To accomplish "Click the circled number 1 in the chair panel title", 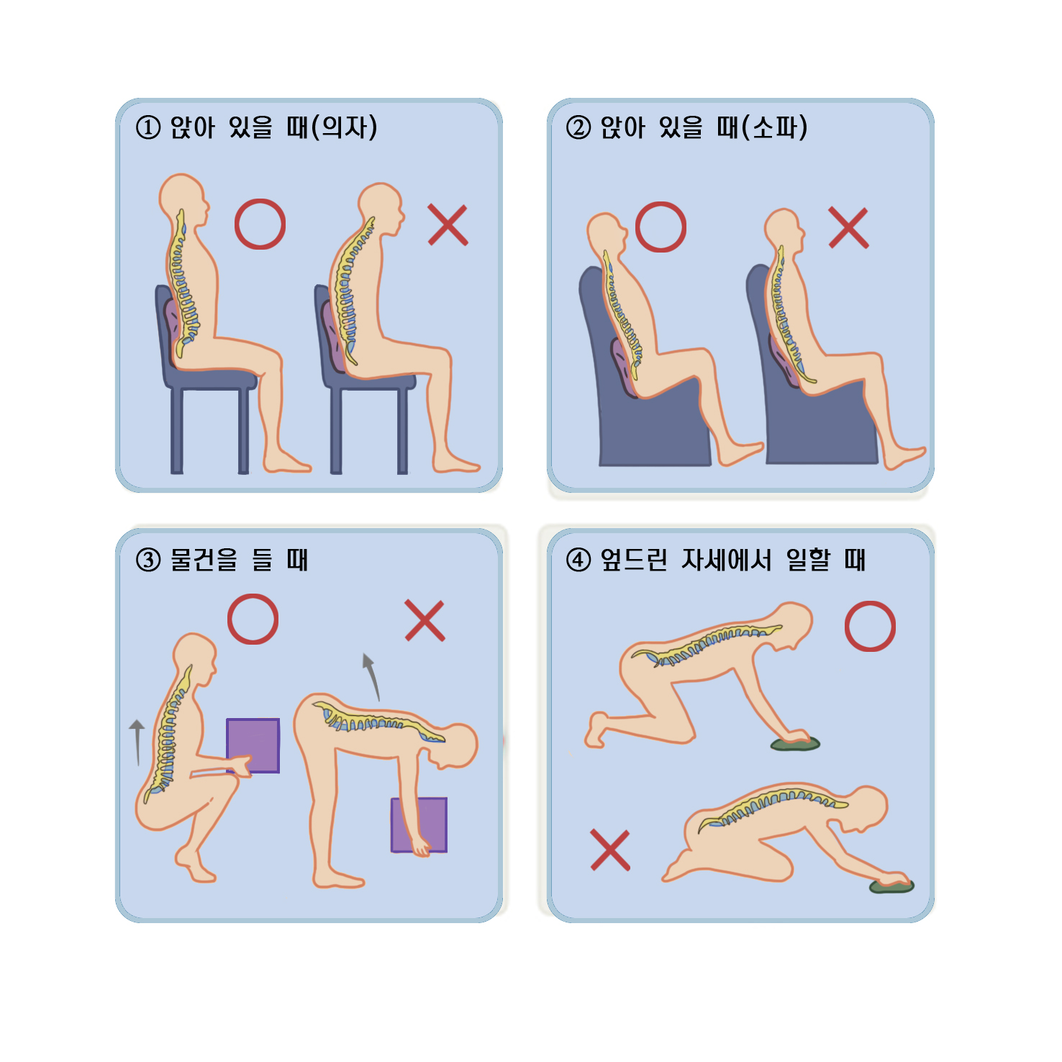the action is (148, 128).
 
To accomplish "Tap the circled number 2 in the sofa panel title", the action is (578, 128).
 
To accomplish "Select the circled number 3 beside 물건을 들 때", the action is (148, 560).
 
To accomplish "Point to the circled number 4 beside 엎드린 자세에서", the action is (578, 560).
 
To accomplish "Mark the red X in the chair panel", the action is (448, 225).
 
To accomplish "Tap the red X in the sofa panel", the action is (849, 228).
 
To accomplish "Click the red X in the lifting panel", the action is (425, 620).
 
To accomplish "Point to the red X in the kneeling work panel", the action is (610, 850).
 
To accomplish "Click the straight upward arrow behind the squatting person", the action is (137, 743).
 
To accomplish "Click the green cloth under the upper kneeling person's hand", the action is (796, 744).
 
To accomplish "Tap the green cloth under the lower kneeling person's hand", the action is (891, 886).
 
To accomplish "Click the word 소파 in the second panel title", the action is (775, 128).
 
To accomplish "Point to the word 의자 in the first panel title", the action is (345, 128).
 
